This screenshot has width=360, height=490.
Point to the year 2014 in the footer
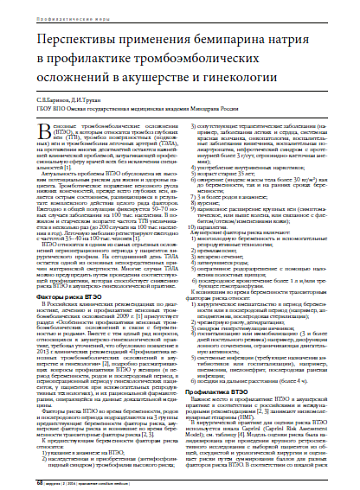click(67, 480)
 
